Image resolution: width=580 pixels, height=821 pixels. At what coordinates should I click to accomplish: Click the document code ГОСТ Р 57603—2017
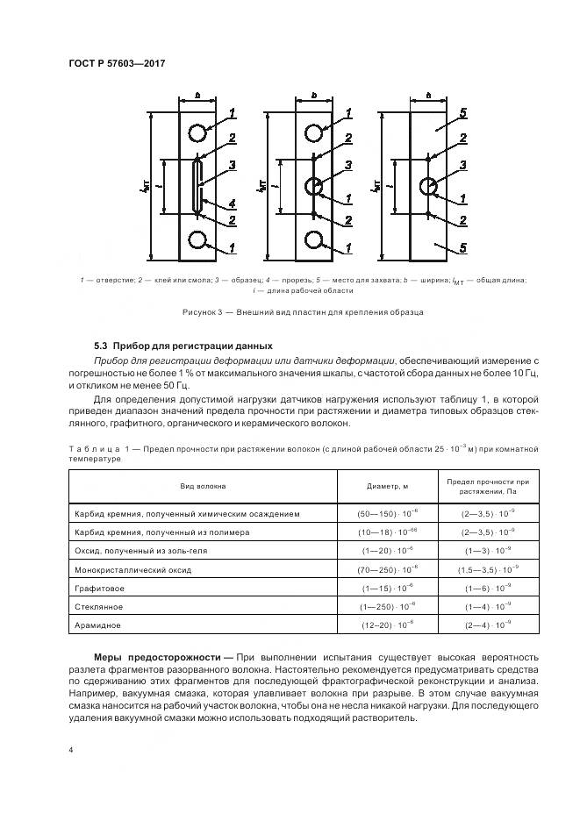pyautogui.click(x=117, y=64)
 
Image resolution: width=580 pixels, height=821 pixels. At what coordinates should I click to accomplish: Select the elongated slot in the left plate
pyautogui.click(x=198, y=186)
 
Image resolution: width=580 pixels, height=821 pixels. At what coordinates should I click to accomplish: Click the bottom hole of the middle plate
pyautogui.click(x=314, y=239)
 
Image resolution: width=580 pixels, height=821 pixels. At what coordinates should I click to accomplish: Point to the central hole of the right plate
pyautogui.click(x=429, y=186)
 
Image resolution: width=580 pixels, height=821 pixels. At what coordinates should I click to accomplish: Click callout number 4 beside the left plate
pyautogui.click(x=233, y=203)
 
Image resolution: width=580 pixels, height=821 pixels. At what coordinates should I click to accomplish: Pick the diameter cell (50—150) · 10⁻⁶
pyautogui.click(x=387, y=513)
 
